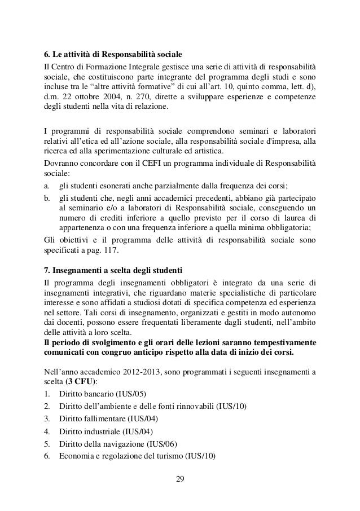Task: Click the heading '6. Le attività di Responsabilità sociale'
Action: [113, 55]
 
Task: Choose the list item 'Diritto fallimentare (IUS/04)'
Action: [108, 420]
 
